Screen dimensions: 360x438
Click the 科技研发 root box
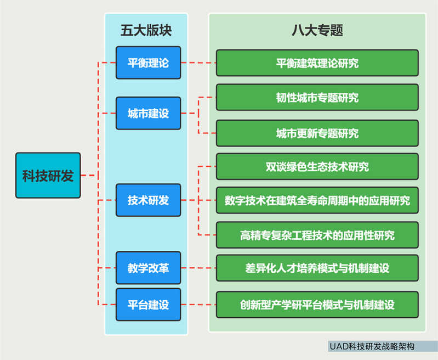(48, 176)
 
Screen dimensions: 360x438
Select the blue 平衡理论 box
(148, 63)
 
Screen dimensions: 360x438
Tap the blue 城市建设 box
(148, 113)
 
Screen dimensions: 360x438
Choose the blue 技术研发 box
(148, 200)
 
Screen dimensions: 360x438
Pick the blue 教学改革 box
(148, 268)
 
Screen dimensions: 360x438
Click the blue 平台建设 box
(148, 304)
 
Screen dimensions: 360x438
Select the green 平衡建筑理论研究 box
(317, 63)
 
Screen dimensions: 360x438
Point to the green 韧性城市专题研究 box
(317, 98)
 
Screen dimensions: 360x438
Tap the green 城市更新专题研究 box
(317, 133)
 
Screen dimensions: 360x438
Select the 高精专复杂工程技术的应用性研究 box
(317, 235)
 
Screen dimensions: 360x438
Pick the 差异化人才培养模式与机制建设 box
(317, 268)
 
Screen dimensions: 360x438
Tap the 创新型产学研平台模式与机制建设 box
(317, 305)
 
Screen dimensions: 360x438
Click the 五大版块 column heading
(146, 30)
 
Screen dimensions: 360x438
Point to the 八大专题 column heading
(317, 30)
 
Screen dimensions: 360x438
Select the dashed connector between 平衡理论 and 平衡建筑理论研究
(198, 63)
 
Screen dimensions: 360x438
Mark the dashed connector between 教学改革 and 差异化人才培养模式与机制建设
(198, 268)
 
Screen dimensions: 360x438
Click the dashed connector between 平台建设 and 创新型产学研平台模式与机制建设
(198, 304)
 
